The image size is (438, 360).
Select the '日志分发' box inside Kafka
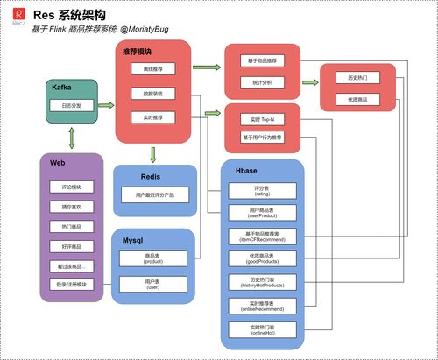pos(72,105)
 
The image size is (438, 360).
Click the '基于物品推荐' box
pos(262,60)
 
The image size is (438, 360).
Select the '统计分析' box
pos(262,83)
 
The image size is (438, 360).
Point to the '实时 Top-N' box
pos(262,119)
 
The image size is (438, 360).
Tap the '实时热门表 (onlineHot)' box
pos(262,328)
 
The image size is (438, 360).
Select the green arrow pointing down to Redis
pos(153,155)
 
